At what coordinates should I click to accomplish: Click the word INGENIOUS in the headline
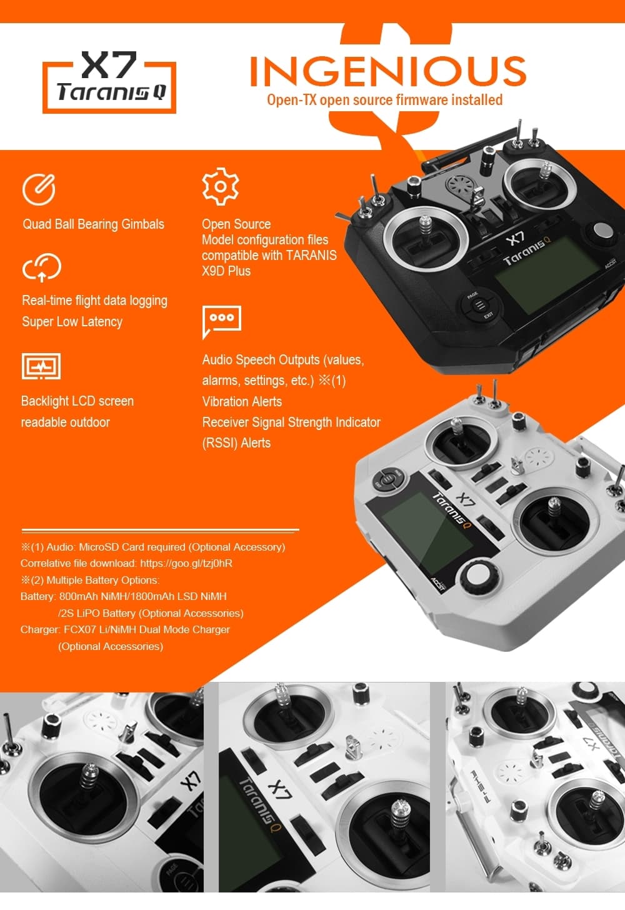tap(387, 71)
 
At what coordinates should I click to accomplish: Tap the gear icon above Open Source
tap(220, 186)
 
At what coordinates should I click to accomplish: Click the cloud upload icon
tap(41, 267)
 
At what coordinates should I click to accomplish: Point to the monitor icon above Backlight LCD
tap(41, 366)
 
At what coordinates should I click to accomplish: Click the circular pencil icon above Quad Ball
tap(39, 189)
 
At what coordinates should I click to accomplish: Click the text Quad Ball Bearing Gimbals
tap(93, 224)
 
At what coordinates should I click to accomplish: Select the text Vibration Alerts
tap(242, 402)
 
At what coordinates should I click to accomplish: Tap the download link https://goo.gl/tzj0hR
tap(186, 563)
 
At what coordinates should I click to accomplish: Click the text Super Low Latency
tap(72, 322)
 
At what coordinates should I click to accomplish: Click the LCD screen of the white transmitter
tap(425, 531)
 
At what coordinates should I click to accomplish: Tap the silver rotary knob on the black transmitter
tap(602, 230)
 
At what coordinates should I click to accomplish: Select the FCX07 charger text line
tap(125, 629)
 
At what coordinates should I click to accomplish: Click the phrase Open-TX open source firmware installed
tap(384, 100)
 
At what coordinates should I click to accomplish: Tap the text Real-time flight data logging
tap(94, 301)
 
